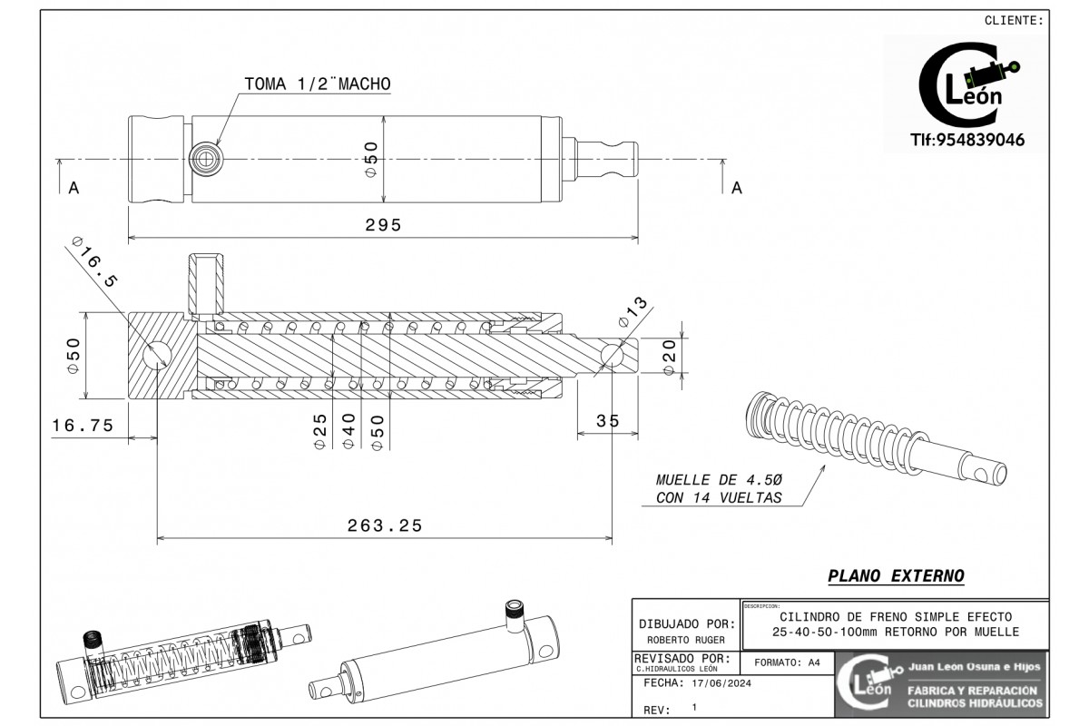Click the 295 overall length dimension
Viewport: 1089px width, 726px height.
[383, 225]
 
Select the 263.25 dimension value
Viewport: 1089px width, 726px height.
[385, 525]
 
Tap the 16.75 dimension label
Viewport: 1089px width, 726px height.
[83, 425]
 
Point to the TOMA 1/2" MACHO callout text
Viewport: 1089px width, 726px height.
[318, 83]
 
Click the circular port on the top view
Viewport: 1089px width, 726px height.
[204, 161]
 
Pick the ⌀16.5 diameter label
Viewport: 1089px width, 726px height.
[94, 265]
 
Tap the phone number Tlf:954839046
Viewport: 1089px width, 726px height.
[967, 140]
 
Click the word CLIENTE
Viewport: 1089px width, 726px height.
[1014, 20]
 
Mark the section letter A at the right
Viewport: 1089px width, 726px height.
[737, 188]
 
